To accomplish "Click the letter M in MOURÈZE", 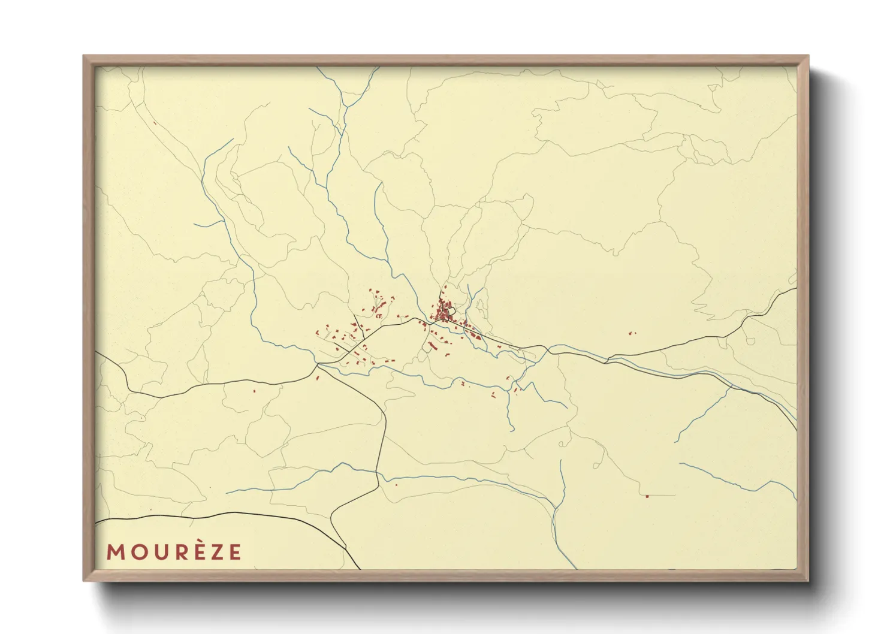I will point(115,552).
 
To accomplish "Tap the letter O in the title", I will point(136,552).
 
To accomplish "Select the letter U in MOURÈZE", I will point(157,552).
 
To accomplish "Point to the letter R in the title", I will point(177,552).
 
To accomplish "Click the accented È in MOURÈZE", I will point(196,551).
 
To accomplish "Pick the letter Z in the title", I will point(215,552).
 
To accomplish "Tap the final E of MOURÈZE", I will point(234,552).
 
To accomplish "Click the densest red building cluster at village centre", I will point(444,312).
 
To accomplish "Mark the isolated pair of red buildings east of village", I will point(632,333).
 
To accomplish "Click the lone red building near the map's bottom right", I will point(647,496).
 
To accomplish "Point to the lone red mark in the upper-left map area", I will point(155,123).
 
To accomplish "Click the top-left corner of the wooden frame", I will point(84,56).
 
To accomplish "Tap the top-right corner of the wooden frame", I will point(808,56).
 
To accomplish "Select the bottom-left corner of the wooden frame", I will point(84,580).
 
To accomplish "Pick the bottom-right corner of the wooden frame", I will point(808,580).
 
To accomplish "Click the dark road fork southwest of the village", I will point(318,364).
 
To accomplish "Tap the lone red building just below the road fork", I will point(317,378).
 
